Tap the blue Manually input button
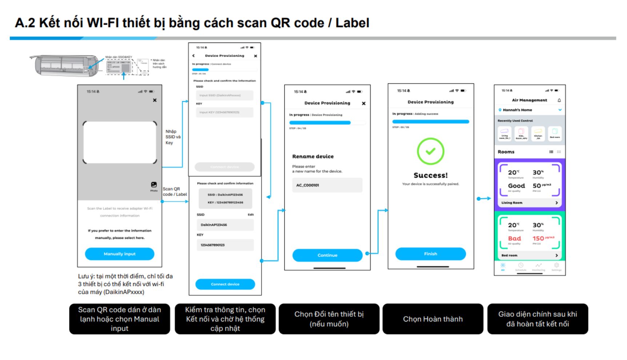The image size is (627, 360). click(119, 254)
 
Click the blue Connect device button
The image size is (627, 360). click(225, 284)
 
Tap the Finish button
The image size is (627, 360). click(430, 254)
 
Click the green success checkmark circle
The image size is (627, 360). click(431, 151)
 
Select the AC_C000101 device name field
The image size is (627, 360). click(327, 185)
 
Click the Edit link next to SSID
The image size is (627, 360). click(251, 215)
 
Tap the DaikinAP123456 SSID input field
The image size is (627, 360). click(225, 225)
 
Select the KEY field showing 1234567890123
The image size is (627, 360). click(225, 245)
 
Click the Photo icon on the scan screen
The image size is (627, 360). click(154, 185)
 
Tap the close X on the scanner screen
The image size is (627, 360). click(155, 100)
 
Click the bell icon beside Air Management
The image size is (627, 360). click(559, 100)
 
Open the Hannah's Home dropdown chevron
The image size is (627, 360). click(560, 110)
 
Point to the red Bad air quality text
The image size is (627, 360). click(514, 239)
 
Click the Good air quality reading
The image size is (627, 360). click(516, 186)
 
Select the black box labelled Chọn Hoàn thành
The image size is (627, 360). click(433, 319)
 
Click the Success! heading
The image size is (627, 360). click(431, 175)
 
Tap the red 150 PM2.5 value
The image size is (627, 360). click(538, 239)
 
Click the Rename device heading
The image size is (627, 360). click(313, 156)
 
